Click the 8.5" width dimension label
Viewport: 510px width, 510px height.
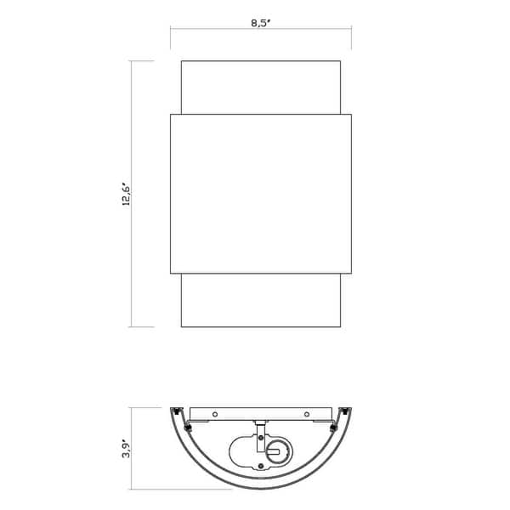tap(260, 23)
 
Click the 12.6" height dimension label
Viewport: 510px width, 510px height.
tap(124, 194)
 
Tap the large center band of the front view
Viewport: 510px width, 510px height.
tap(261, 194)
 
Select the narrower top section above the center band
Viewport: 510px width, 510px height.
tap(261, 86)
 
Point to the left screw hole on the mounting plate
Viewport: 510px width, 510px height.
tap(216, 414)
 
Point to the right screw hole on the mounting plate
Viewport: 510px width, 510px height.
tap(306, 414)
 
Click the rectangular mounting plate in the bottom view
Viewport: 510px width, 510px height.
tap(261, 414)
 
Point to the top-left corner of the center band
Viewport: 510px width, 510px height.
tap(171, 114)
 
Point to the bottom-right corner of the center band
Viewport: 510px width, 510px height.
tap(351, 274)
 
